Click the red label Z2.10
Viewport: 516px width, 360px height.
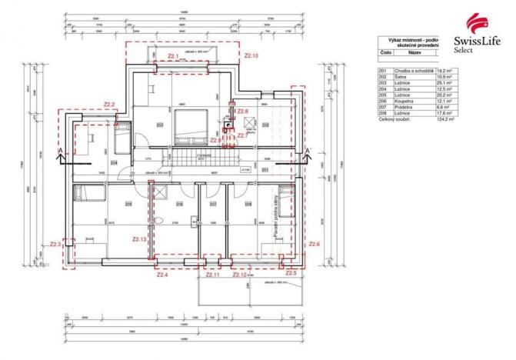click(251, 56)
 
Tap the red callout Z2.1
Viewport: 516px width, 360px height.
click(173, 56)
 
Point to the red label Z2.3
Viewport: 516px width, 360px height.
click(55, 244)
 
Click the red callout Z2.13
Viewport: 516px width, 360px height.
click(139, 238)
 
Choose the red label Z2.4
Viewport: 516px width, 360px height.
click(161, 274)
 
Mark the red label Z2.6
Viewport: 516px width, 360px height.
click(313, 244)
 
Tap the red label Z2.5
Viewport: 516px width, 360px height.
click(290, 273)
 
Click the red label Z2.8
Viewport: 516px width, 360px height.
click(242, 112)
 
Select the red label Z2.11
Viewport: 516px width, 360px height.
click(213, 274)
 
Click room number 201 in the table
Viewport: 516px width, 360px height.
click(382, 71)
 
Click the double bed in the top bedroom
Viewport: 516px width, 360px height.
click(189, 125)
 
